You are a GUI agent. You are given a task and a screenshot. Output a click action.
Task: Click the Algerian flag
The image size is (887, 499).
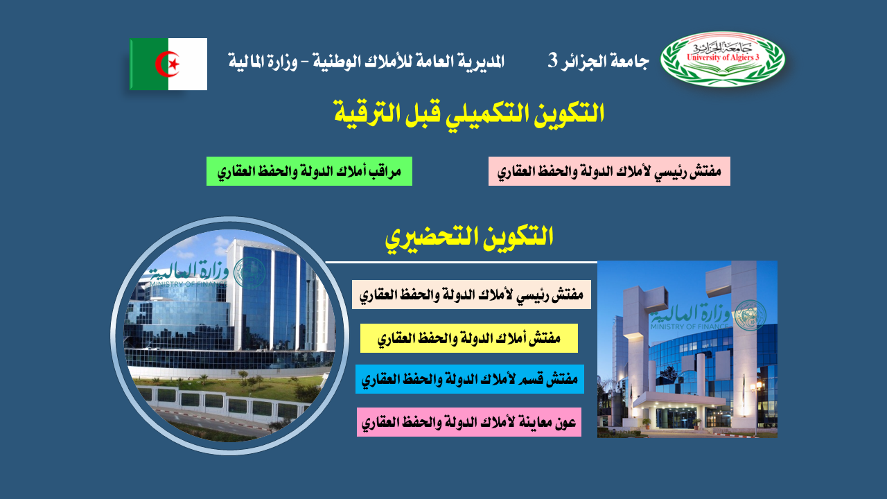pos(168,64)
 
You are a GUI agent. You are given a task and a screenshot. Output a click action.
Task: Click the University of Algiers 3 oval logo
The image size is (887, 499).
pos(723,59)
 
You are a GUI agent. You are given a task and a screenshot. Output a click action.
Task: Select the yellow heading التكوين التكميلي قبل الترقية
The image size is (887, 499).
pos(469,114)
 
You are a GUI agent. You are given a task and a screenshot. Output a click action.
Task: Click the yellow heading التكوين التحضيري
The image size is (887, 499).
pos(469,237)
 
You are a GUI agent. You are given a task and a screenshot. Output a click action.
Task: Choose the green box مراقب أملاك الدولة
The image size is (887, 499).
pos(309,171)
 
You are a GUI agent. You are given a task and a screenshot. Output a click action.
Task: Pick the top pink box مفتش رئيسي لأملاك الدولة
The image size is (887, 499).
pos(609,171)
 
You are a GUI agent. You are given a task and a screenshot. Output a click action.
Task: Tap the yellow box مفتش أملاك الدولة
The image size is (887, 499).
pos(469,338)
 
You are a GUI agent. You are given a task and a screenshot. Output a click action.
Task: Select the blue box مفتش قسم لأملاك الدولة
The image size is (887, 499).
pos(470,379)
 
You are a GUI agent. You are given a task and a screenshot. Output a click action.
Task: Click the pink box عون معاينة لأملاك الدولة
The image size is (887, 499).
pos(469,422)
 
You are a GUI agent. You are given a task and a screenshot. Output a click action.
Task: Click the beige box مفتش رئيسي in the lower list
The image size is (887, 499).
pos(471,295)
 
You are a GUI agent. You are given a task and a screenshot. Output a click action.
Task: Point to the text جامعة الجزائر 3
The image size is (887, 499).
pos(598,61)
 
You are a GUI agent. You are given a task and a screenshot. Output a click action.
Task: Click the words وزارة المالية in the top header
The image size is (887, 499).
pos(263,62)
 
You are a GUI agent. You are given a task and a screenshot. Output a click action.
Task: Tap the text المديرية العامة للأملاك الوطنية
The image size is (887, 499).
pos(409,62)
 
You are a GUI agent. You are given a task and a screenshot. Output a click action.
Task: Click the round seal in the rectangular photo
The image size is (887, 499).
pos(750,315)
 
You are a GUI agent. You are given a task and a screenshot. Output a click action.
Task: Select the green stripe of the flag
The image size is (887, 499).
pos(149,64)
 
